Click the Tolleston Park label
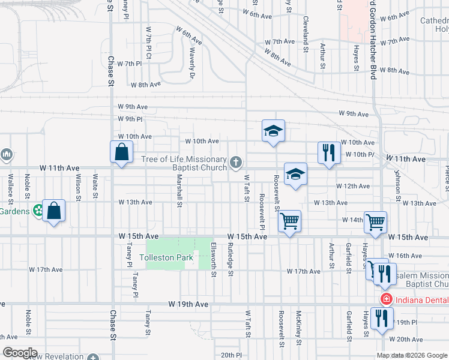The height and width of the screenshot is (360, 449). pyautogui.click(x=166, y=258)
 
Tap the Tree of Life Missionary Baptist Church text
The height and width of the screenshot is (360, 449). pyautogui.click(x=184, y=163)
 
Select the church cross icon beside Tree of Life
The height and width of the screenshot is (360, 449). pyautogui.click(x=237, y=161)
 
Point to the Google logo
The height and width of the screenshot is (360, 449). pyautogui.click(x=20, y=353)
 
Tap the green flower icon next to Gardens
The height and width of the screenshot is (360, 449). pyautogui.click(x=38, y=211)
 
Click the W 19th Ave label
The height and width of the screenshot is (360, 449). pyautogui.click(x=188, y=305)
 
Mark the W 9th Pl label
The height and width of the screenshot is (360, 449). pyautogui.click(x=130, y=119)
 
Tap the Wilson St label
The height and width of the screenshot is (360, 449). pyautogui.click(x=78, y=187)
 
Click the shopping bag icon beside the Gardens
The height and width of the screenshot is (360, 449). pyautogui.click(x=53, y=211)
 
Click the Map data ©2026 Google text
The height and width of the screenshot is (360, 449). pyautogui.click(x=412, y=355)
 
